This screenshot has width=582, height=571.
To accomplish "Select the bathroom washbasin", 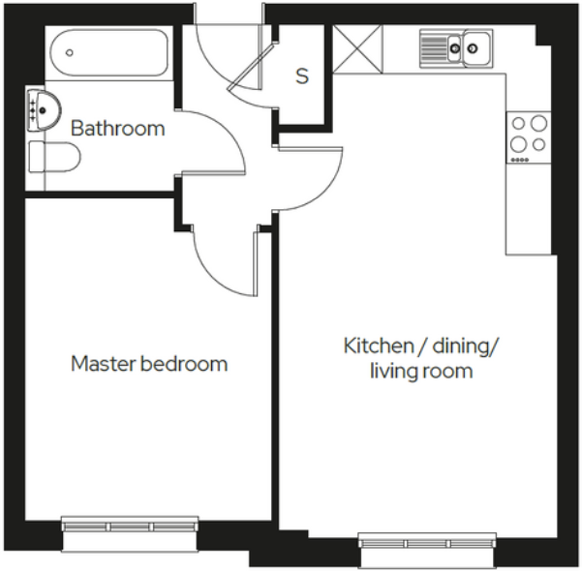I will [x=43, y=107].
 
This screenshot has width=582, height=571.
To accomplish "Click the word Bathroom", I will [x=118, y=129].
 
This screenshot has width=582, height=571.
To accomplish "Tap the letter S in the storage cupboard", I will [x=302, y=76].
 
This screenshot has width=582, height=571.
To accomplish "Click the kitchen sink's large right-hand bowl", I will [x=475, y=45].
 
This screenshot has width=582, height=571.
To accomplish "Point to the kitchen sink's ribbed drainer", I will [x=435, y=46].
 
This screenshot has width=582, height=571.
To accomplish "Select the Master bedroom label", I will [x=149, y=365].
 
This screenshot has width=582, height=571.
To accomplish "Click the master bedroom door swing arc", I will [x=218, y=261].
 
